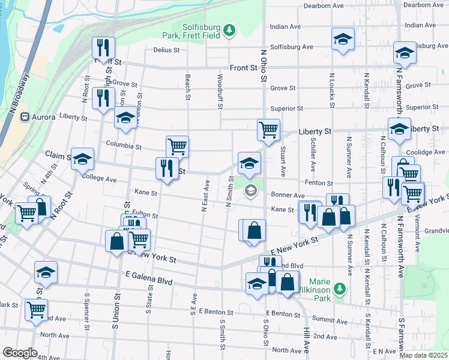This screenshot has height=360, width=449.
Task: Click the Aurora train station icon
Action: coord(25,116)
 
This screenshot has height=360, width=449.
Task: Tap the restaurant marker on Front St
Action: coord(102,47)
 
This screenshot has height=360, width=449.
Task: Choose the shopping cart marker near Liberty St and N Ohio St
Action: coord(268,129)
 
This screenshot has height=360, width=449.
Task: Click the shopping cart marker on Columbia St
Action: coord(177,146)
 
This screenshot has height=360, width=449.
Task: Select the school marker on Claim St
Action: coord(83,158)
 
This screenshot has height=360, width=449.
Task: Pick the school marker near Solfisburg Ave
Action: coord(343,39)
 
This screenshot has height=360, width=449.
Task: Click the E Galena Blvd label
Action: coord(149,282)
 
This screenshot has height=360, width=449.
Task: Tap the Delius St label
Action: coord(166,50)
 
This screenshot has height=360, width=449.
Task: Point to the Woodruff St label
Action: coord(220,91)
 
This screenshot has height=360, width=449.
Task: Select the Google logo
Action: coord(20,352)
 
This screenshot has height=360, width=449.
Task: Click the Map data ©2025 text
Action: coord(424,355)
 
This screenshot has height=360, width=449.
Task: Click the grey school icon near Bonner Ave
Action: coord(250,191)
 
